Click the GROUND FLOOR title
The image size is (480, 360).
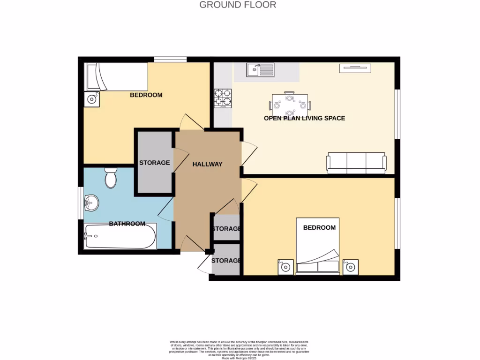click(238, 5)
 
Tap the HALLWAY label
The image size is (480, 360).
click(207, 164)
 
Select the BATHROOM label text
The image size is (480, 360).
click(127, 224)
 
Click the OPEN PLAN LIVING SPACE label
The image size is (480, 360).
click(304, 118)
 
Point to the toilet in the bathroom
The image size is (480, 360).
click(111, 178)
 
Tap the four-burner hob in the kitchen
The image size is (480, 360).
click(223, 98)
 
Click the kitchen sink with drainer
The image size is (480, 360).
click(261, 70)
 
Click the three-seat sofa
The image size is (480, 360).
click(356, 163)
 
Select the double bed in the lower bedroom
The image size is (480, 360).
click(318, 246)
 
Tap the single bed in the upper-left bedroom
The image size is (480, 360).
click(116, 77)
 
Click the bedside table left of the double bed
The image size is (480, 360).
click(285, 267)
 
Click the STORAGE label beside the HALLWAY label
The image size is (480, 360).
click(154, 163)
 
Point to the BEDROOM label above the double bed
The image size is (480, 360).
click(319, 227)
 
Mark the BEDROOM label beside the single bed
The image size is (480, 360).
click(146, 95)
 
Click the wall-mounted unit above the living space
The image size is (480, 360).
click(355, 68)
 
